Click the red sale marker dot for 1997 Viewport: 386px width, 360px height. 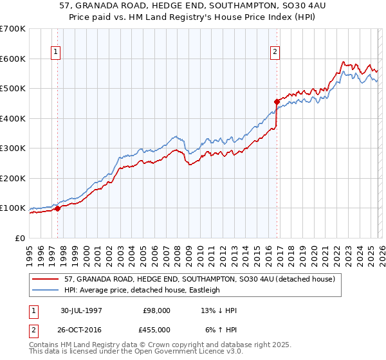pos(58,208)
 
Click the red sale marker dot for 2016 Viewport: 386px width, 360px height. pos(277,102)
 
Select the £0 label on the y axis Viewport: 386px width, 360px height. pos(21,238)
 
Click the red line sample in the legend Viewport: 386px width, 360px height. pos(46,280)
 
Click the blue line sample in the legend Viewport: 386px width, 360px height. pos(46,290)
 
